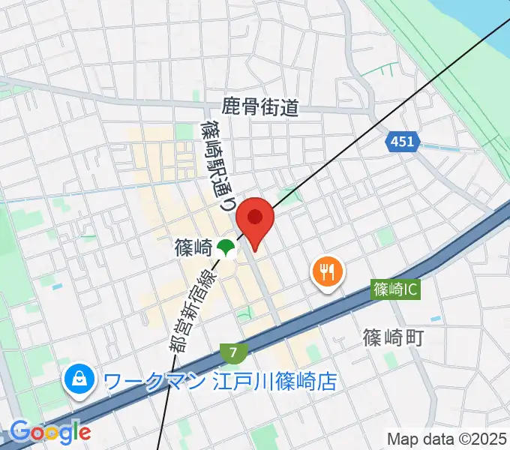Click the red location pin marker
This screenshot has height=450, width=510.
coord(255,220)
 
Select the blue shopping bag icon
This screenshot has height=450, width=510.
coord(79,380)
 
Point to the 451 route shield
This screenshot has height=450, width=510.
coord(401,142)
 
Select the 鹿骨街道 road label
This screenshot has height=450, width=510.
coord(260,108)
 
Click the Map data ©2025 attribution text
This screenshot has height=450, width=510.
coord(445,438)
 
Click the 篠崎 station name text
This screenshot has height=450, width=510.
coord(191,247)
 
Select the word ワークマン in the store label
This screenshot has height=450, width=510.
coord(154,381)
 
